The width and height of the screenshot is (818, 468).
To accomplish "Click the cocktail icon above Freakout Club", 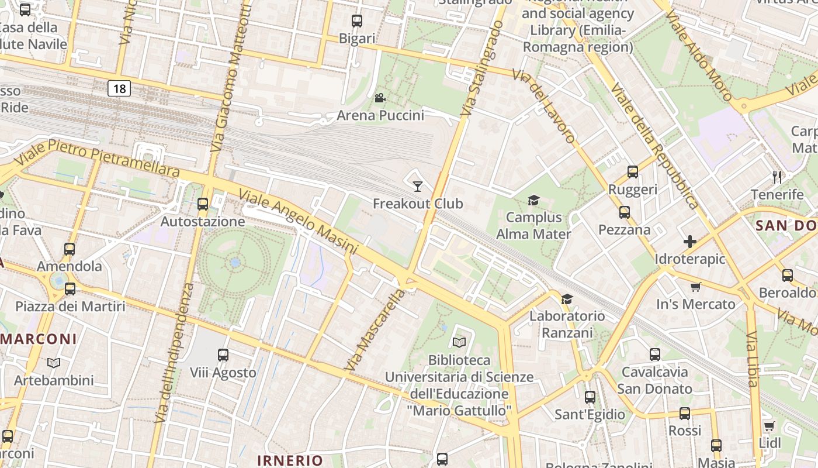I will [x=417, y=187].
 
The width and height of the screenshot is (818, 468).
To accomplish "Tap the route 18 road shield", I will [x=119, y=88].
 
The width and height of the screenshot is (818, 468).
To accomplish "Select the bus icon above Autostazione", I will [x=203, y=204].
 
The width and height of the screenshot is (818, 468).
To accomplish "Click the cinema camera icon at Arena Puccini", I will [x=380, y=98].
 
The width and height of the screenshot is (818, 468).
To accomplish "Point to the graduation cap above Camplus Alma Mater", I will [x=533, y=201].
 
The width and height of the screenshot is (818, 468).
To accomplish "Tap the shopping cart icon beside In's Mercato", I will [x=695, y=287].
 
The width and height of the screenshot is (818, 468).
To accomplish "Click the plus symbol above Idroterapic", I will [x=690, y=241].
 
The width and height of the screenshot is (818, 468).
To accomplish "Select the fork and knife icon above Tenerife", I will [x=777, y=177].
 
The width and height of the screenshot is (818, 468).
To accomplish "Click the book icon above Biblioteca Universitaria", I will [x=459, y=342].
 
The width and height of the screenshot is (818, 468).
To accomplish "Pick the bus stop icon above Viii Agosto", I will [x=223, y=355].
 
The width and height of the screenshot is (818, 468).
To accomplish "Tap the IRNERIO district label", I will [x=290, y=460].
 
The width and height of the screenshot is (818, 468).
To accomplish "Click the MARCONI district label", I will [x=39, y=339].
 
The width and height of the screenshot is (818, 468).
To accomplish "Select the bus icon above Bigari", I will [x=357, y=21].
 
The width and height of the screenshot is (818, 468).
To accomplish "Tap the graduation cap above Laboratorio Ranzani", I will [x=567, y=300].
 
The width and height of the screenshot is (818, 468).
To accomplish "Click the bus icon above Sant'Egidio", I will [x=590, y=397].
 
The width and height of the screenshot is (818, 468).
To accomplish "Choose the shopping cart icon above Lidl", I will [x=770, y=426].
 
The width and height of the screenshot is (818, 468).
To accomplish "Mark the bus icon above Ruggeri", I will [x=633, y=171].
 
